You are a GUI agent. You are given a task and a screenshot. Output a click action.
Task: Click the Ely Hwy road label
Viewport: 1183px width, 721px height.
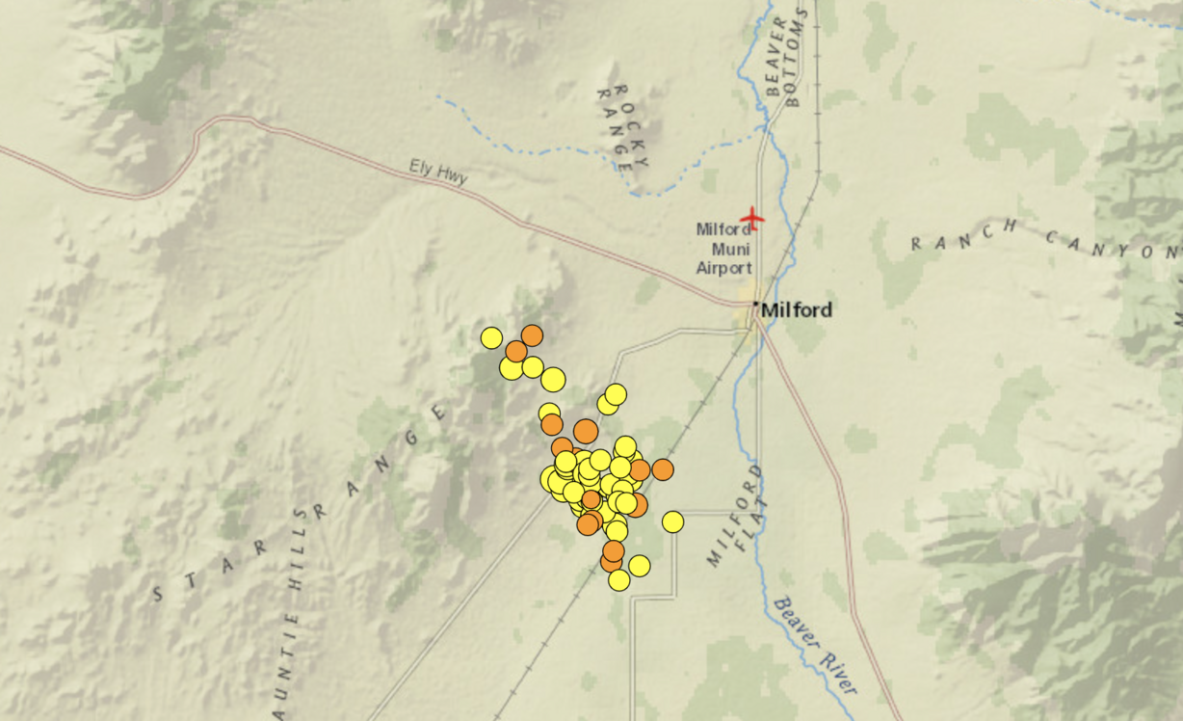438,174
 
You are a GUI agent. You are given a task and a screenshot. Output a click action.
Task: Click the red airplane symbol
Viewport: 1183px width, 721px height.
751,219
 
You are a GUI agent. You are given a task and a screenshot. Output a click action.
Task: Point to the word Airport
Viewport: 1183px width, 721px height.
723,268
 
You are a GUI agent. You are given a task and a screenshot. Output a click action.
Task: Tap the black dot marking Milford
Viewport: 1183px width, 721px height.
757,306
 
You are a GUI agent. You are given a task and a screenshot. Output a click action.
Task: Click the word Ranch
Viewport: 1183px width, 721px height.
962,233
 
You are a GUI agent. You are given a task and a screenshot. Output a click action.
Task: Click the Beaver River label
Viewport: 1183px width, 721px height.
814,644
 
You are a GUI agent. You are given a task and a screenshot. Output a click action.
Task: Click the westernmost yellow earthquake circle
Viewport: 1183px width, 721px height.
491,337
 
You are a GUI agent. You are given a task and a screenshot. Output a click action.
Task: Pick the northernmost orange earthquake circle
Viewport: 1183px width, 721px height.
532,335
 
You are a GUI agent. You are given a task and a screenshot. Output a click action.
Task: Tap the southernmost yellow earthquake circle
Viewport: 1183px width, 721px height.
619,580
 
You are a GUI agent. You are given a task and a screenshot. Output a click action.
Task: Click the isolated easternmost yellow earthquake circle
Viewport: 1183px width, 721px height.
672,521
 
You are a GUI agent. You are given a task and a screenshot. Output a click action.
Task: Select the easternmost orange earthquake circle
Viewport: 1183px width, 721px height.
662,469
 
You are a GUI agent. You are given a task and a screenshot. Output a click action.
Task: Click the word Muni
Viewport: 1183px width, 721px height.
723,249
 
